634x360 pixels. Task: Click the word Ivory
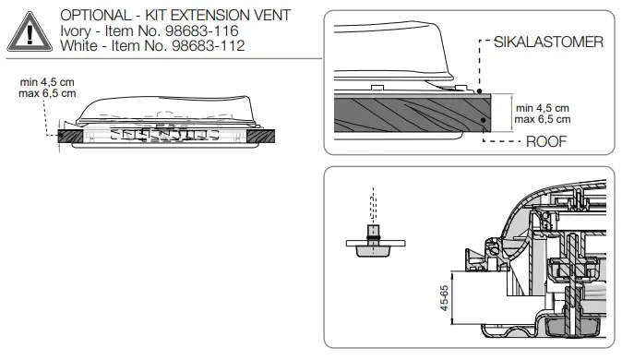76,31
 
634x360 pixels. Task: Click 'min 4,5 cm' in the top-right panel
543,107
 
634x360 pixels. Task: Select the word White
78,46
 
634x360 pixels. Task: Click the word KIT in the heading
159,17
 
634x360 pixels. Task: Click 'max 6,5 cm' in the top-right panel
543,119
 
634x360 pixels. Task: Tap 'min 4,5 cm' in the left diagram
47,82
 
